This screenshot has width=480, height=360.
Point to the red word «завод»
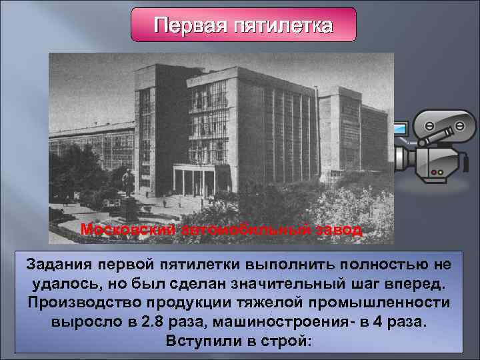click(x=337, y=231)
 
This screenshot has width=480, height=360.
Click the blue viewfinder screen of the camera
click(x=401, y=127)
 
